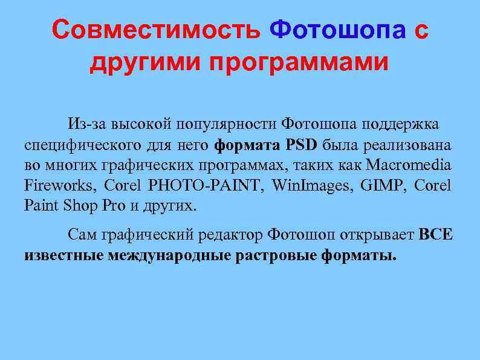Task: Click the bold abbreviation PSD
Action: coord(302,145)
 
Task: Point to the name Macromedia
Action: coord(409,165)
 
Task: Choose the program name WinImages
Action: coord(303,185)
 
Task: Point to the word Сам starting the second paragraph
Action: coord(81,234)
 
